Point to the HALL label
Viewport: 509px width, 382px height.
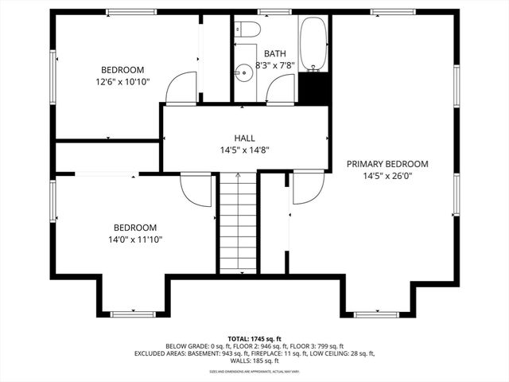point(244,138)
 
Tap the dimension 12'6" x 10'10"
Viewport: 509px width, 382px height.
point(122,81)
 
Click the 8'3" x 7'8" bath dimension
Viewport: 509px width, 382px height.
point(275,66)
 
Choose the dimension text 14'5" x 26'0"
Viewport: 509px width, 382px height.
point(387,176)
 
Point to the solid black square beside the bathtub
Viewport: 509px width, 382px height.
point(314,87)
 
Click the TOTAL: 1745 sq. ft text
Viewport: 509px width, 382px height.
point(254,338)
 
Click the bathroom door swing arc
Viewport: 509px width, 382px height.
point(280,91)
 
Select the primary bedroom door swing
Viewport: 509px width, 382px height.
point(308,188)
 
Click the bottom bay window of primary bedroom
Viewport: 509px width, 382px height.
point(376,314)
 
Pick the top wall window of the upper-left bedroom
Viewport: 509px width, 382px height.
point(132,12)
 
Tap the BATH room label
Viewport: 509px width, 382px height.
point(275,54)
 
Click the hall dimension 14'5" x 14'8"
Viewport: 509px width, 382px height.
point(244,150)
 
